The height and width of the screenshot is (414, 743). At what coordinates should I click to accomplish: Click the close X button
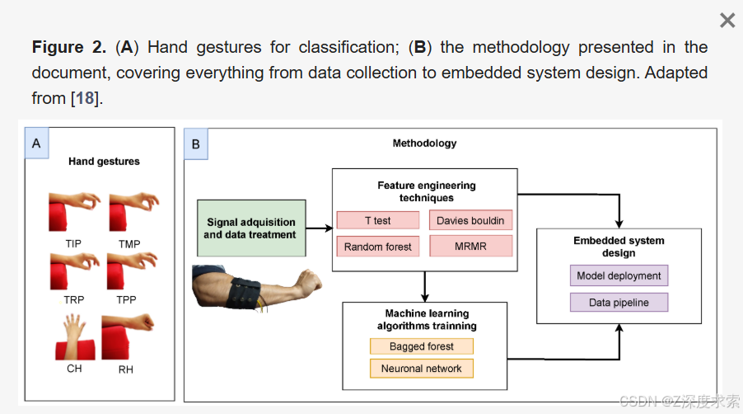click(x=727, y=21)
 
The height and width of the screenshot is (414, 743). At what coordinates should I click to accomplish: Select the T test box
click(x=378, y=220)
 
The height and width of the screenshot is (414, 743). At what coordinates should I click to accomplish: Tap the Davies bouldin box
click(x=470, y=220)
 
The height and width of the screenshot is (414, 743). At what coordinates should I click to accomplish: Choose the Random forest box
click(x=378, y=247)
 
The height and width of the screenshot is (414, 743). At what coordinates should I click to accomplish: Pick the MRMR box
click(x=470, y=247)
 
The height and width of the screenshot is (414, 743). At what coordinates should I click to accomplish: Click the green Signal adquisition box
click(x=251, y=228)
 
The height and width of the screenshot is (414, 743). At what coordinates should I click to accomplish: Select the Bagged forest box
click(x=422, y=346)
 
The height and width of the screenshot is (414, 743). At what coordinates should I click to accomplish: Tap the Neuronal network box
click(x=422, y=369)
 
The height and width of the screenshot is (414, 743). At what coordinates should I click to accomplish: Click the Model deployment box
click(x=619, y=275)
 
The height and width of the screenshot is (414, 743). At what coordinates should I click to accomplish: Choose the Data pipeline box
click(x=619, y=303)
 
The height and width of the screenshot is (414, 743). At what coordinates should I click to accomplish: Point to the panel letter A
click(x=36, y=143)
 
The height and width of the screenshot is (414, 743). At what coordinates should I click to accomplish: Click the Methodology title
click(x=424, y=143)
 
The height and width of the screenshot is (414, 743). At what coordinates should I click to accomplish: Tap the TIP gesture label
click(x=73, y=244)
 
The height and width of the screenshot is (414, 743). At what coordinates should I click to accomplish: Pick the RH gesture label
click(x=125, y=369)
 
